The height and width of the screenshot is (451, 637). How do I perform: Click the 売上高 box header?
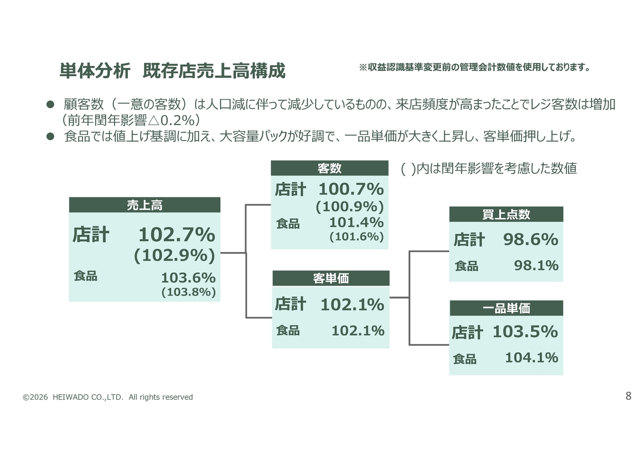[144, 205]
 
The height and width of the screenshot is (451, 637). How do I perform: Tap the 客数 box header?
[329, 168]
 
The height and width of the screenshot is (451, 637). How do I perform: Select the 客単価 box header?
[330, 278]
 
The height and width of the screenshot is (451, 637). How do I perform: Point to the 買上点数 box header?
[506, 214]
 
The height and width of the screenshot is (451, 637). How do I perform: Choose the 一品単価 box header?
[506, 308]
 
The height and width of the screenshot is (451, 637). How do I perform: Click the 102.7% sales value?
[176, 234]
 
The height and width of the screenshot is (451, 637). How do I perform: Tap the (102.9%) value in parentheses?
[174, 255]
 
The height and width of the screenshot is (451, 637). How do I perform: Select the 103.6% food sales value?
[188, 278]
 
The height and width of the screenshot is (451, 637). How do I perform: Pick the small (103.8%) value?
[189, 292]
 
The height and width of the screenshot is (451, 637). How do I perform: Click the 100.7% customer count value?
[351, 189]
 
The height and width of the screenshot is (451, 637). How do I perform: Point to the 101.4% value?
[356, 222]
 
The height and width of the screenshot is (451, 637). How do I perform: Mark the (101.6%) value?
[356, 236]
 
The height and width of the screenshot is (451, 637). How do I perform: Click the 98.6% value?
[531, 240]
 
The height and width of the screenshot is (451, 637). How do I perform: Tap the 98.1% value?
[536, 266]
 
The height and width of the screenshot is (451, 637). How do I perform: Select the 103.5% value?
[525, 331]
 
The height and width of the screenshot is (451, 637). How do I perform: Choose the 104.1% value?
[531, 357]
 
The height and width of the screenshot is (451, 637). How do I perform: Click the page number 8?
[628, 396]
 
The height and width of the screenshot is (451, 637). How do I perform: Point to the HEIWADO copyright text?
[108, 397]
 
